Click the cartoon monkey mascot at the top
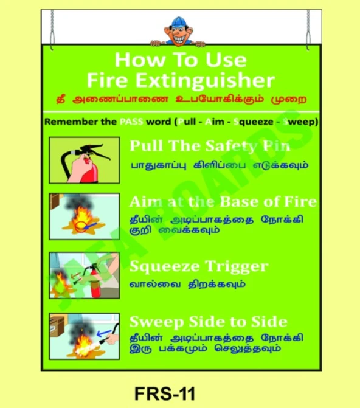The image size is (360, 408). [180, 31]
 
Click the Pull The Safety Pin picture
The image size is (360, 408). [84, 161]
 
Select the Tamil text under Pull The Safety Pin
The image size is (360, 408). [219, 164]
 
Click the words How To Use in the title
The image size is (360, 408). [180, 60]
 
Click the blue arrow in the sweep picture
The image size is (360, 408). [104, 330]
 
